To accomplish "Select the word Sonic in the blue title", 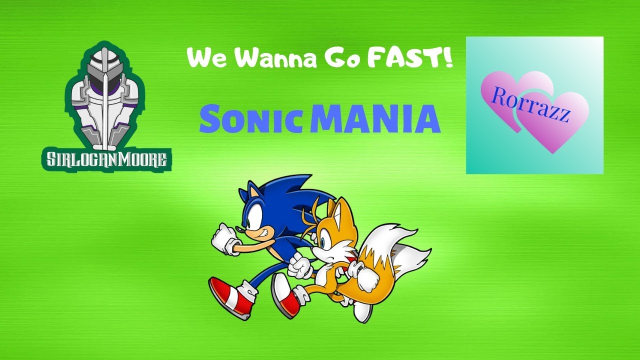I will (x=252, y=120).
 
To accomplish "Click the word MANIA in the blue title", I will (x=375, y=120).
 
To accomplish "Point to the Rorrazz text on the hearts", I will (x=531, y=104).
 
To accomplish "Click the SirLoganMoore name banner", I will (x=106, y=159).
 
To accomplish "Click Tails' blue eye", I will (x=326, y=233).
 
